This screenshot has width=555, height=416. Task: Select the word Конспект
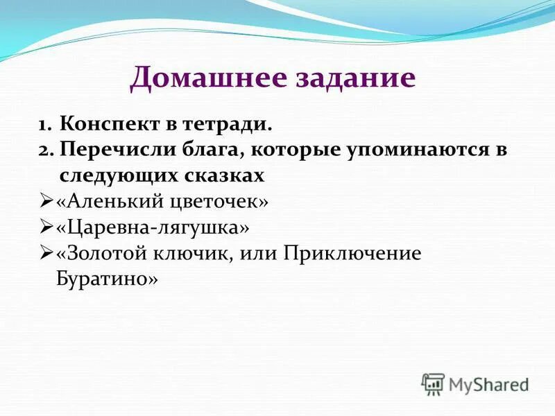pyautogui.click(x=108, y=125)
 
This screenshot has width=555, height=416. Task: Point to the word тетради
pyautogui.click(x=230, y=125)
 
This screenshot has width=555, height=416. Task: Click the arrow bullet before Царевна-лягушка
pyautogui.click(x=46, y=227)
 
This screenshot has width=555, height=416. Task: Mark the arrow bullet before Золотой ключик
pyautogui.click(x=46, y=253)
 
